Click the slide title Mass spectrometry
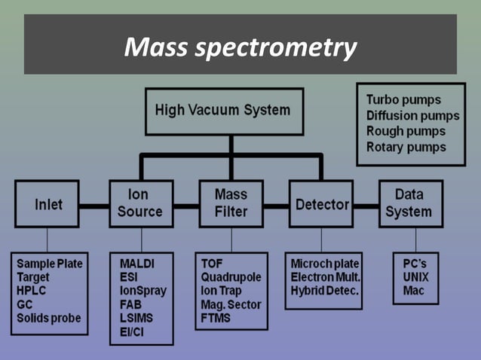pos(240,48)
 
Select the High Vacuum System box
pos(223,111)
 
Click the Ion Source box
pos(139,203)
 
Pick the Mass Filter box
pos(231,203)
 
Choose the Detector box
pos(321,205)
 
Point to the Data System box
pos(410,203)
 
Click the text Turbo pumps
pos(403,99)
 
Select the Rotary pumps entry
pos(406,147)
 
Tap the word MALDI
pos(138,264)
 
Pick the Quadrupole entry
pos(231,277)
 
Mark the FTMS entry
pos(217,318)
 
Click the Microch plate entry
pos(325,264)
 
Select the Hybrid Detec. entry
pos(325,291)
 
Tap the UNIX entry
pos(416,277)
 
